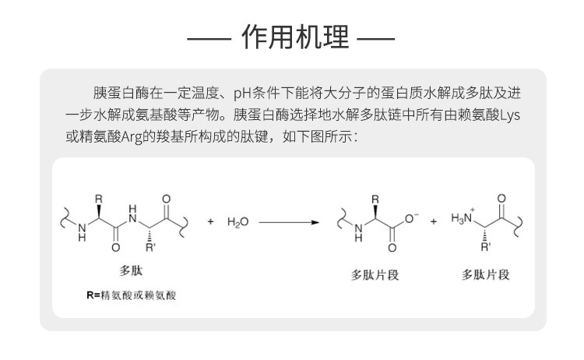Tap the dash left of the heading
point(211,37)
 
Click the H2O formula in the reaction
point(238,222)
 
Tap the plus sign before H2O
point(210,222)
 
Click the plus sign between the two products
point(433,222)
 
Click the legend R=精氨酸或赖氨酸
point(132,295)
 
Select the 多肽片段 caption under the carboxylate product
point(375,274)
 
